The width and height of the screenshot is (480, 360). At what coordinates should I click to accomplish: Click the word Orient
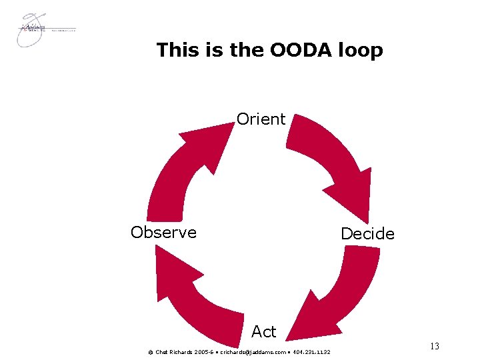(x=261, y=119)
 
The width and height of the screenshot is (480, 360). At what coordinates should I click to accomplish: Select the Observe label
(x=163, y=232)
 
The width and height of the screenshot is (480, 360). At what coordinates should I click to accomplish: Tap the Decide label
(x=367, y=234)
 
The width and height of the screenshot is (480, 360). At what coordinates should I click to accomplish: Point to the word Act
(x=263, y=331)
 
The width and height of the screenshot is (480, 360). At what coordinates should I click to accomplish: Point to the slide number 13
(x=435, y=346)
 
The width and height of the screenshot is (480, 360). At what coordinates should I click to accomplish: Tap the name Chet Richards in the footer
(x=172, y=351)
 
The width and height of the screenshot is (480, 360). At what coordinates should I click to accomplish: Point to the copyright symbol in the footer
(x=150, y=351)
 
